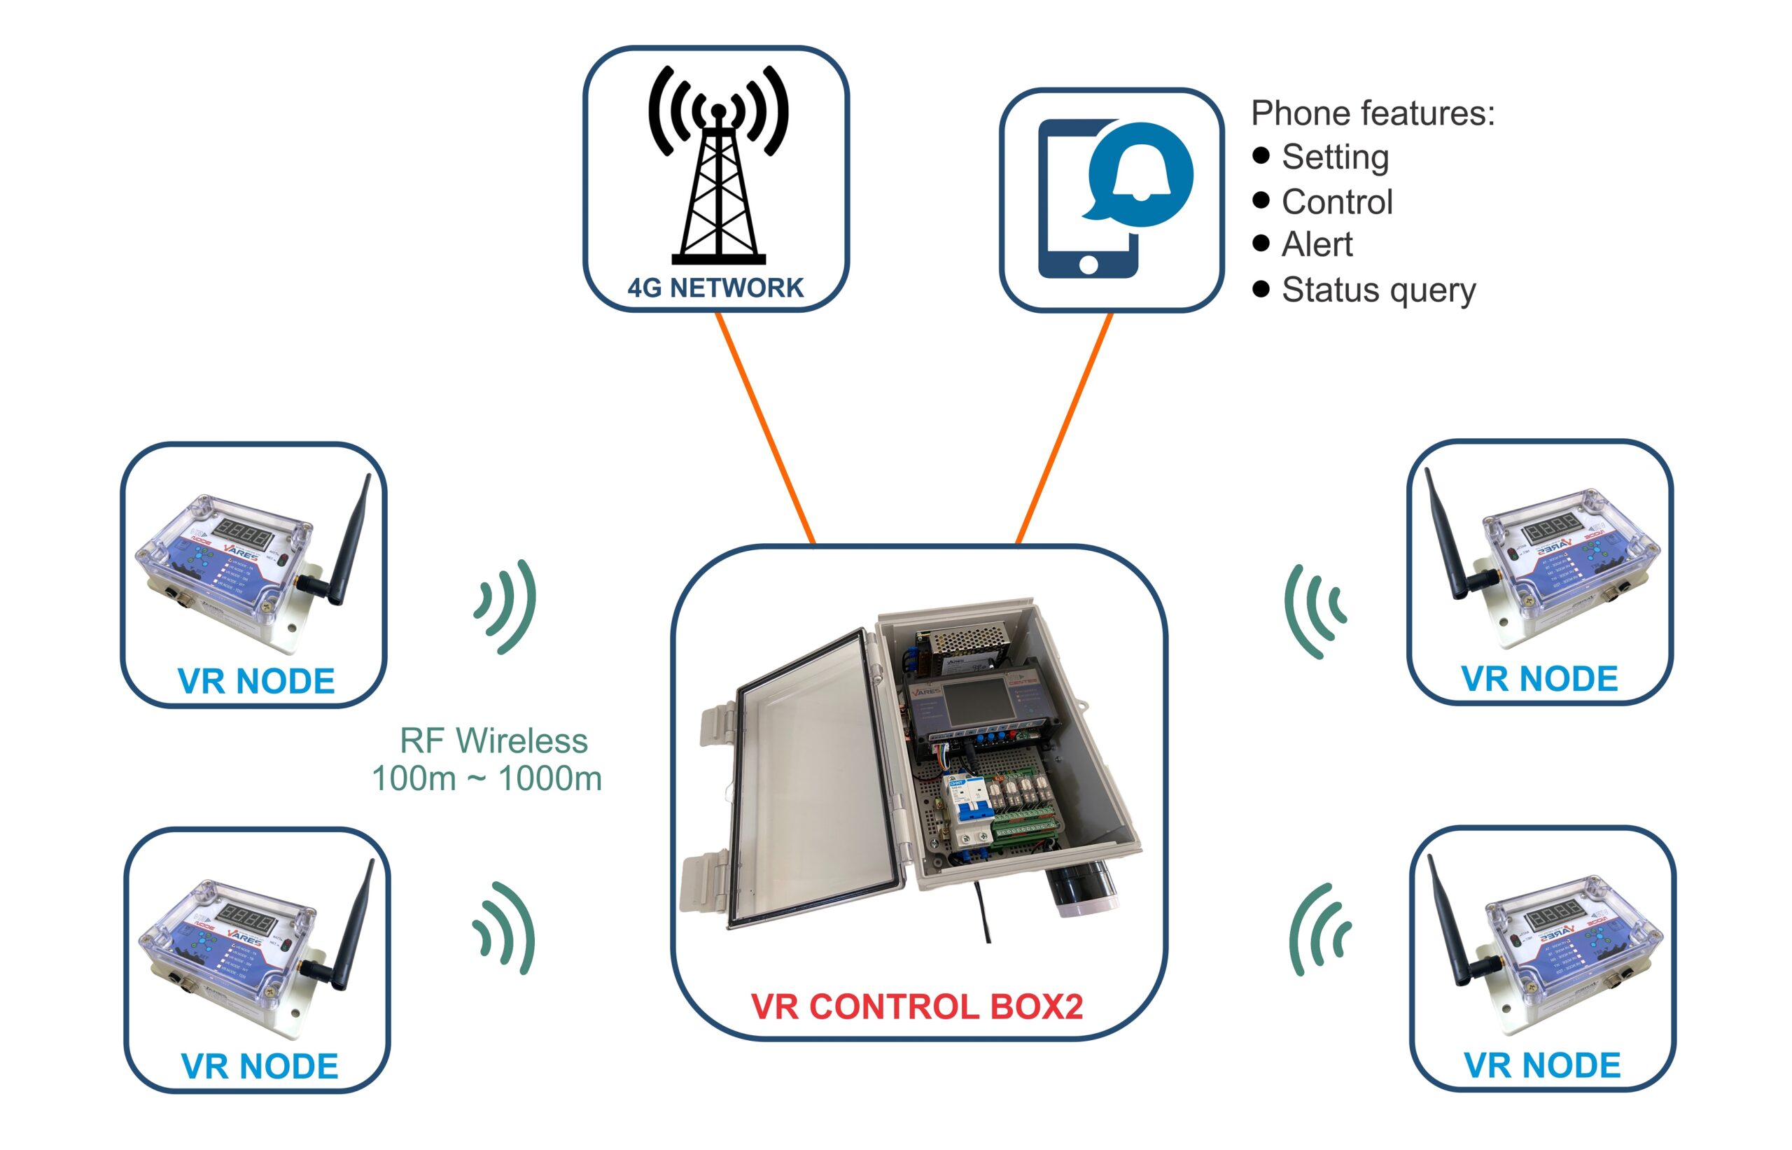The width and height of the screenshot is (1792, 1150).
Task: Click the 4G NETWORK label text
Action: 715,288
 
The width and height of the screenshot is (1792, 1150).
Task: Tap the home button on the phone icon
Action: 1088,265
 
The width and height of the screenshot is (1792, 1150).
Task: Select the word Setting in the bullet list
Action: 1334,157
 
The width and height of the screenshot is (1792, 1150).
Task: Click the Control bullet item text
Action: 1336,202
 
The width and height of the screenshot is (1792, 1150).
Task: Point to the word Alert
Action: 1317,244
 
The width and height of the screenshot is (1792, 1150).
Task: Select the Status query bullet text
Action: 1378,290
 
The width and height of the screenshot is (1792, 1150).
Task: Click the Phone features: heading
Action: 1373,113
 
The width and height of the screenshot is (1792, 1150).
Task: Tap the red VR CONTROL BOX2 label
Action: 916,1006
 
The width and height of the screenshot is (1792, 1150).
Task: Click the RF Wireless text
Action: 493,741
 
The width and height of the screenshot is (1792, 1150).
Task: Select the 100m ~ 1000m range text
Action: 486,779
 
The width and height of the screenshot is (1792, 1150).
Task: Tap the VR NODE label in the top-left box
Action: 256,680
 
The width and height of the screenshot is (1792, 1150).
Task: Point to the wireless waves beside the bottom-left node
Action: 506,928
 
